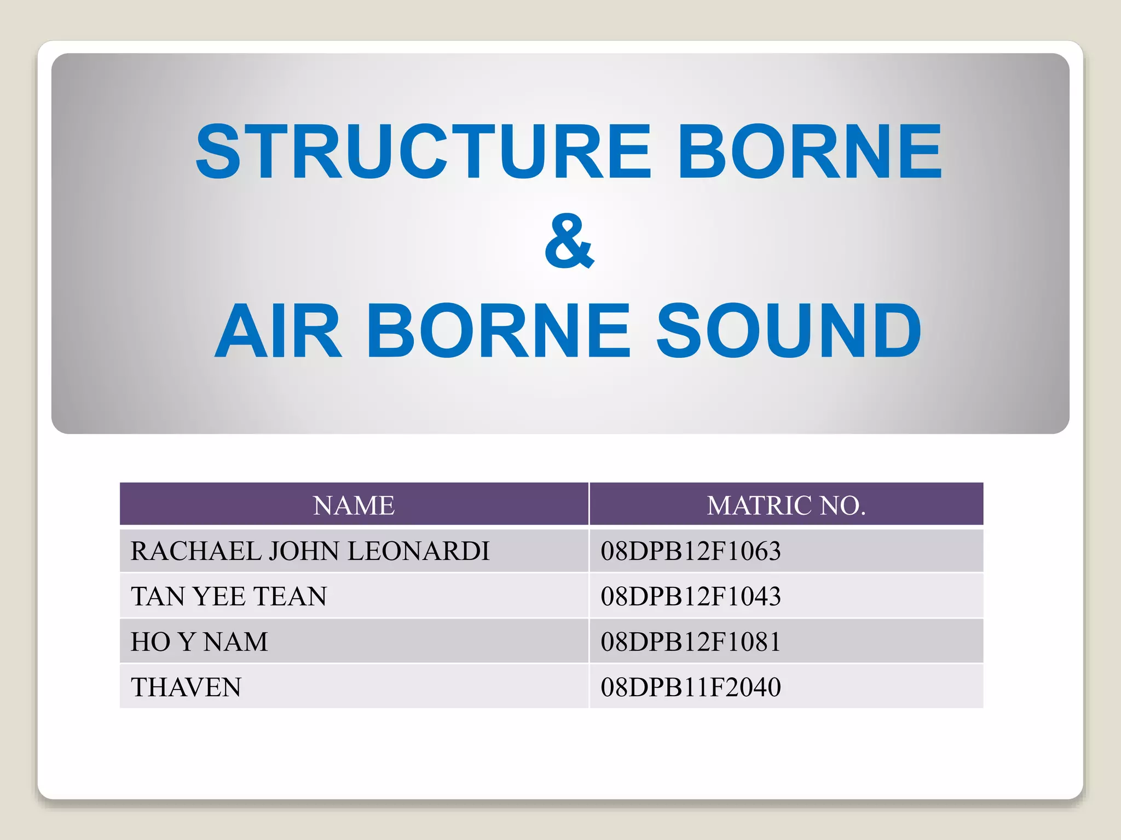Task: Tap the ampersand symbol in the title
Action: [x=569, y=241]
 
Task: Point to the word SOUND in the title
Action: [x=789, y=331]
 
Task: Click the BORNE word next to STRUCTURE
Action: [x=810, y=151]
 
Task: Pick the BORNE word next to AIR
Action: [x=499, y=331]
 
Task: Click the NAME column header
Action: [x=354, y=505]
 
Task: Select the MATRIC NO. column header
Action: [x=786, y=505]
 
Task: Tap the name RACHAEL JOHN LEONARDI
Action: [x=310, y=551]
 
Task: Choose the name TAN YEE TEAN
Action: [x=229, y=596]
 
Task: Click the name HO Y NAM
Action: [x=199, y=641]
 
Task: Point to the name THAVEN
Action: [x=186, y=687]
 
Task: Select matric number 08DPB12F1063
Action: [x=690, y=551]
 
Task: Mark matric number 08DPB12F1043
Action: [x=690, y=596]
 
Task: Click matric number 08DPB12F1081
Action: [x=690, y=641]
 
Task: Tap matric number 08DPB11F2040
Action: [x=690, y=687]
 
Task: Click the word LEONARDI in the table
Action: [x=419, y=551]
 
